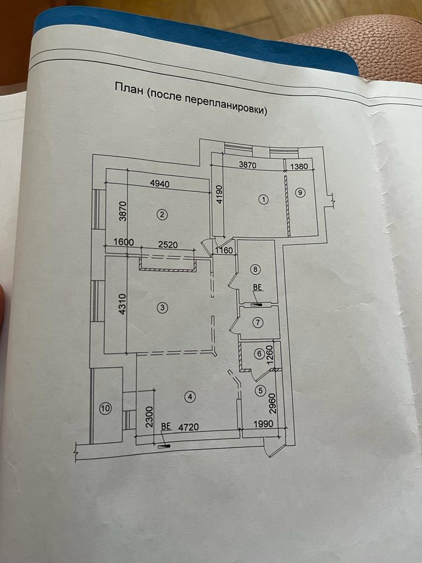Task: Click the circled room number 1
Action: [264, 200]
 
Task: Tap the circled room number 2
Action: [162, 215]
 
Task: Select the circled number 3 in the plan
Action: [162, 308]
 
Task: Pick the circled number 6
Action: [259, 355]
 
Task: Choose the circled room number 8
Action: [255, 269]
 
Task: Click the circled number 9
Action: [299, 192]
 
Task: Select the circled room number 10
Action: [105, 408]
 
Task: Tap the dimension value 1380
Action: [302, 167]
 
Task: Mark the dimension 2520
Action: [168, 245]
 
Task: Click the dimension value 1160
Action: [224, 251]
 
